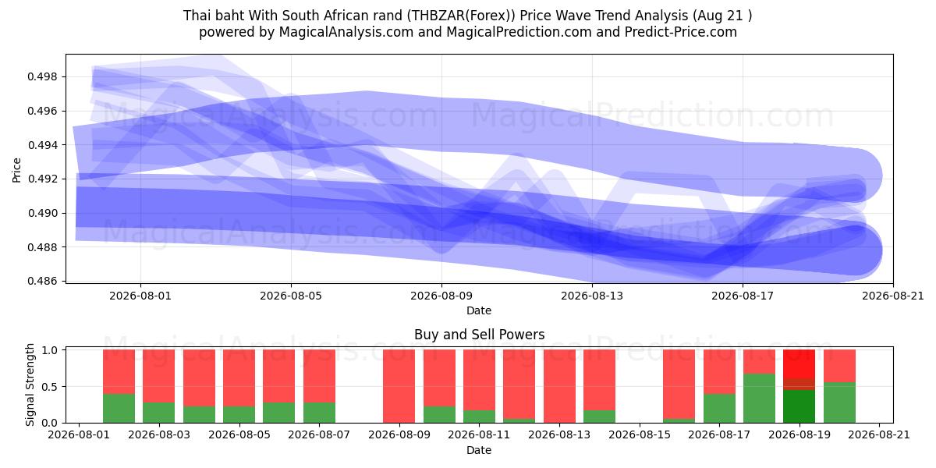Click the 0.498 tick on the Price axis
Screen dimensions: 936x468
click(42, 77)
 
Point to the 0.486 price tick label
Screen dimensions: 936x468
click(42, 281)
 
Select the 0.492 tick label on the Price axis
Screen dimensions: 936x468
click(42, 179)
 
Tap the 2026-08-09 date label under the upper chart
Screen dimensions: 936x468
click(441, 296)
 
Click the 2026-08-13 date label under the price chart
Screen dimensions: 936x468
click(592, 296)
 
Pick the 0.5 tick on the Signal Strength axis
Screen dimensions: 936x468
click(49, 387)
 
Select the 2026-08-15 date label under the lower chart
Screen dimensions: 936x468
click(640, 434)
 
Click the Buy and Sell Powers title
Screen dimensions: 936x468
click(479, 335)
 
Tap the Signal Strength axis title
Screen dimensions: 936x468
click(30, 385)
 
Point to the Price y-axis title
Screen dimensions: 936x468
click(16, 170)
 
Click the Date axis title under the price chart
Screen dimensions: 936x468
click(479, 310)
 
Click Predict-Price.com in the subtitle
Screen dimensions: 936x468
click(681, 32)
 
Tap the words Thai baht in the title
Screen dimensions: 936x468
click(214, 16)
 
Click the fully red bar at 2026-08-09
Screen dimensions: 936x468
click(399, 386)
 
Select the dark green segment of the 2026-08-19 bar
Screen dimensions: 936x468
click(799, 406)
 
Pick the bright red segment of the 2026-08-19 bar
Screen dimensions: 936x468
click(799, 364)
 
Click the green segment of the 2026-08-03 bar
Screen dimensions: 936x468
click(159, 413)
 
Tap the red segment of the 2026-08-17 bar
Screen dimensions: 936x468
click(719, 371)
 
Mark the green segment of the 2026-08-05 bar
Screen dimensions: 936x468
click(239, 414)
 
